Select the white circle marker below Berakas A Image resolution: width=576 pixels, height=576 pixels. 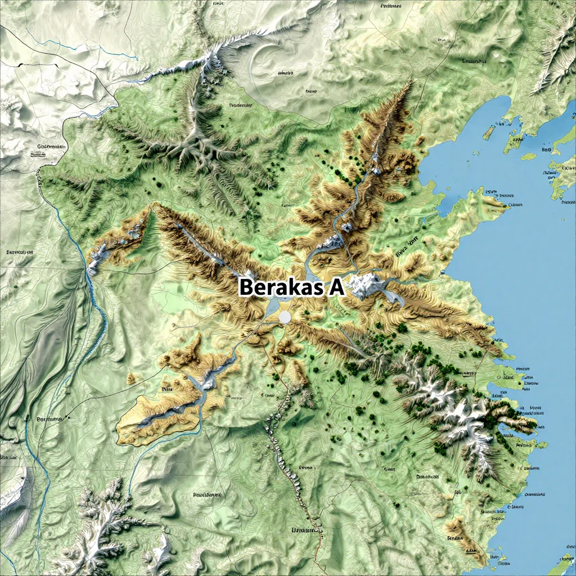[285, 318]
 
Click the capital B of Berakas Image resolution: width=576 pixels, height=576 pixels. [246, 287]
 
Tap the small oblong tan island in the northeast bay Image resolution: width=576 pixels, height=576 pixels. [489, 132]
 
